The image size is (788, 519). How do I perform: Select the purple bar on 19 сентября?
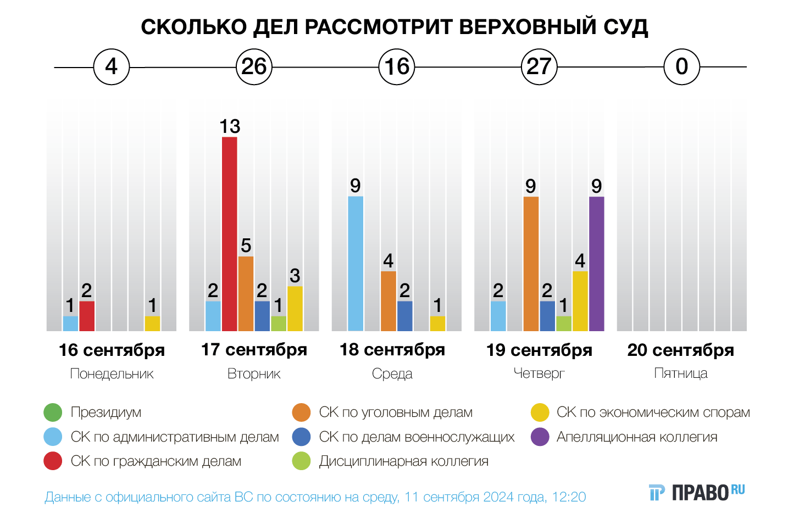[x=596, y=264]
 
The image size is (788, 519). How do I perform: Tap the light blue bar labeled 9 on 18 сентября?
[x=356, y=264]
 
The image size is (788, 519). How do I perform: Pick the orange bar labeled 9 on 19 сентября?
[x=531, y=264]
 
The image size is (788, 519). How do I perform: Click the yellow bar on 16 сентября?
[x=152, y=323]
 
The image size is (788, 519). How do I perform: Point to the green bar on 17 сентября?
[x=279, y=323]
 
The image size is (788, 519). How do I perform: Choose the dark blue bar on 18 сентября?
[x=405, y=316]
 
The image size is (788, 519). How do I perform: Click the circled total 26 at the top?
[x=254, y=67]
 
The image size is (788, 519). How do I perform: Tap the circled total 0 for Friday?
[x=681, y=67]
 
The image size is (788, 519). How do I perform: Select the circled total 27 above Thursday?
[x=539, y=67]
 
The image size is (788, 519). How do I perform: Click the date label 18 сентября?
[x=392, y=350]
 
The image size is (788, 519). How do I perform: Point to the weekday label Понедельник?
[x=112, y=374]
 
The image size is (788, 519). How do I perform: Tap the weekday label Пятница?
[x=681, y=373]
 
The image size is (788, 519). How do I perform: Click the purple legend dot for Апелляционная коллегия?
[x=540, y=437]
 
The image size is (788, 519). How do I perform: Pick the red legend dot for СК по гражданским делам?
[x=53, y=461]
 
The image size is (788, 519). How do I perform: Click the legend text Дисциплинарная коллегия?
[x=403, y=461]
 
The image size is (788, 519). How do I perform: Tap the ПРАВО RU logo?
[x=697, y=493]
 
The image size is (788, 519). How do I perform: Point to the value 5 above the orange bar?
[x=246, y=245]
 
